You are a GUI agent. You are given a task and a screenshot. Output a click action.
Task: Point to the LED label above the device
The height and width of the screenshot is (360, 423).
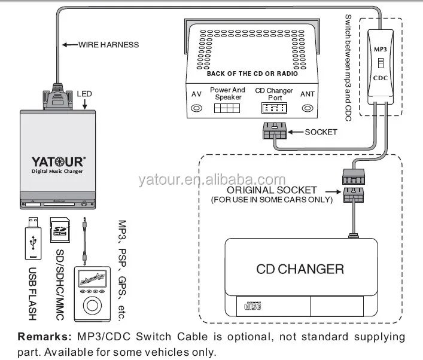point(83,93)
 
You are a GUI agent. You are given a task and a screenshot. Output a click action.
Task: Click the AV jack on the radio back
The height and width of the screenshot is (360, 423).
point(196,109)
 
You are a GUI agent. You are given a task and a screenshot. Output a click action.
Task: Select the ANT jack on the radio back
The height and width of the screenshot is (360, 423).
point(308,109)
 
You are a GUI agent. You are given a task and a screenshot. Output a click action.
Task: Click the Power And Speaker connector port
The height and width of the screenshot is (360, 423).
point(227,109)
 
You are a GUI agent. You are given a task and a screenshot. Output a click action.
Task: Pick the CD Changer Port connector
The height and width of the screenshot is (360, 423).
point(274,109)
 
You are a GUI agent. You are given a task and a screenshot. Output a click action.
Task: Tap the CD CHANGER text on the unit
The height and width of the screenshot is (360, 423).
point(300,269)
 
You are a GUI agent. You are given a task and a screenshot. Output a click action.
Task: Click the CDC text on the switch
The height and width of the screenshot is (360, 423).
point(381,77)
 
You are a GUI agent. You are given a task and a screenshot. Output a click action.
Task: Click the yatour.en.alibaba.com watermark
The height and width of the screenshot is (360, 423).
point(212,180)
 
